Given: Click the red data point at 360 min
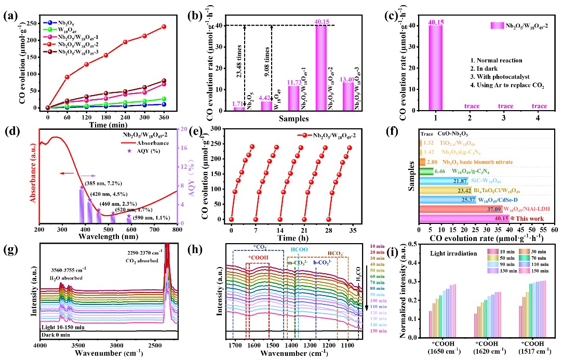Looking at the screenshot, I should (x=164, y=26).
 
